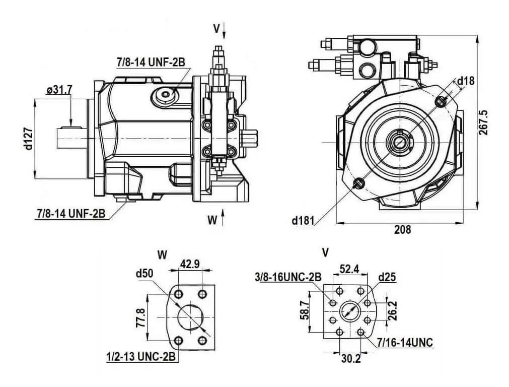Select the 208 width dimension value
pos(402,230)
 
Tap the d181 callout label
pos(303,221)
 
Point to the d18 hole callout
pos(466,81)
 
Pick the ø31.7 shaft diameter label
pos(59,89)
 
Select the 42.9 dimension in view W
pos(190,264)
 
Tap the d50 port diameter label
pos(144,274)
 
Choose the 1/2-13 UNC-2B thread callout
pos(141,357)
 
